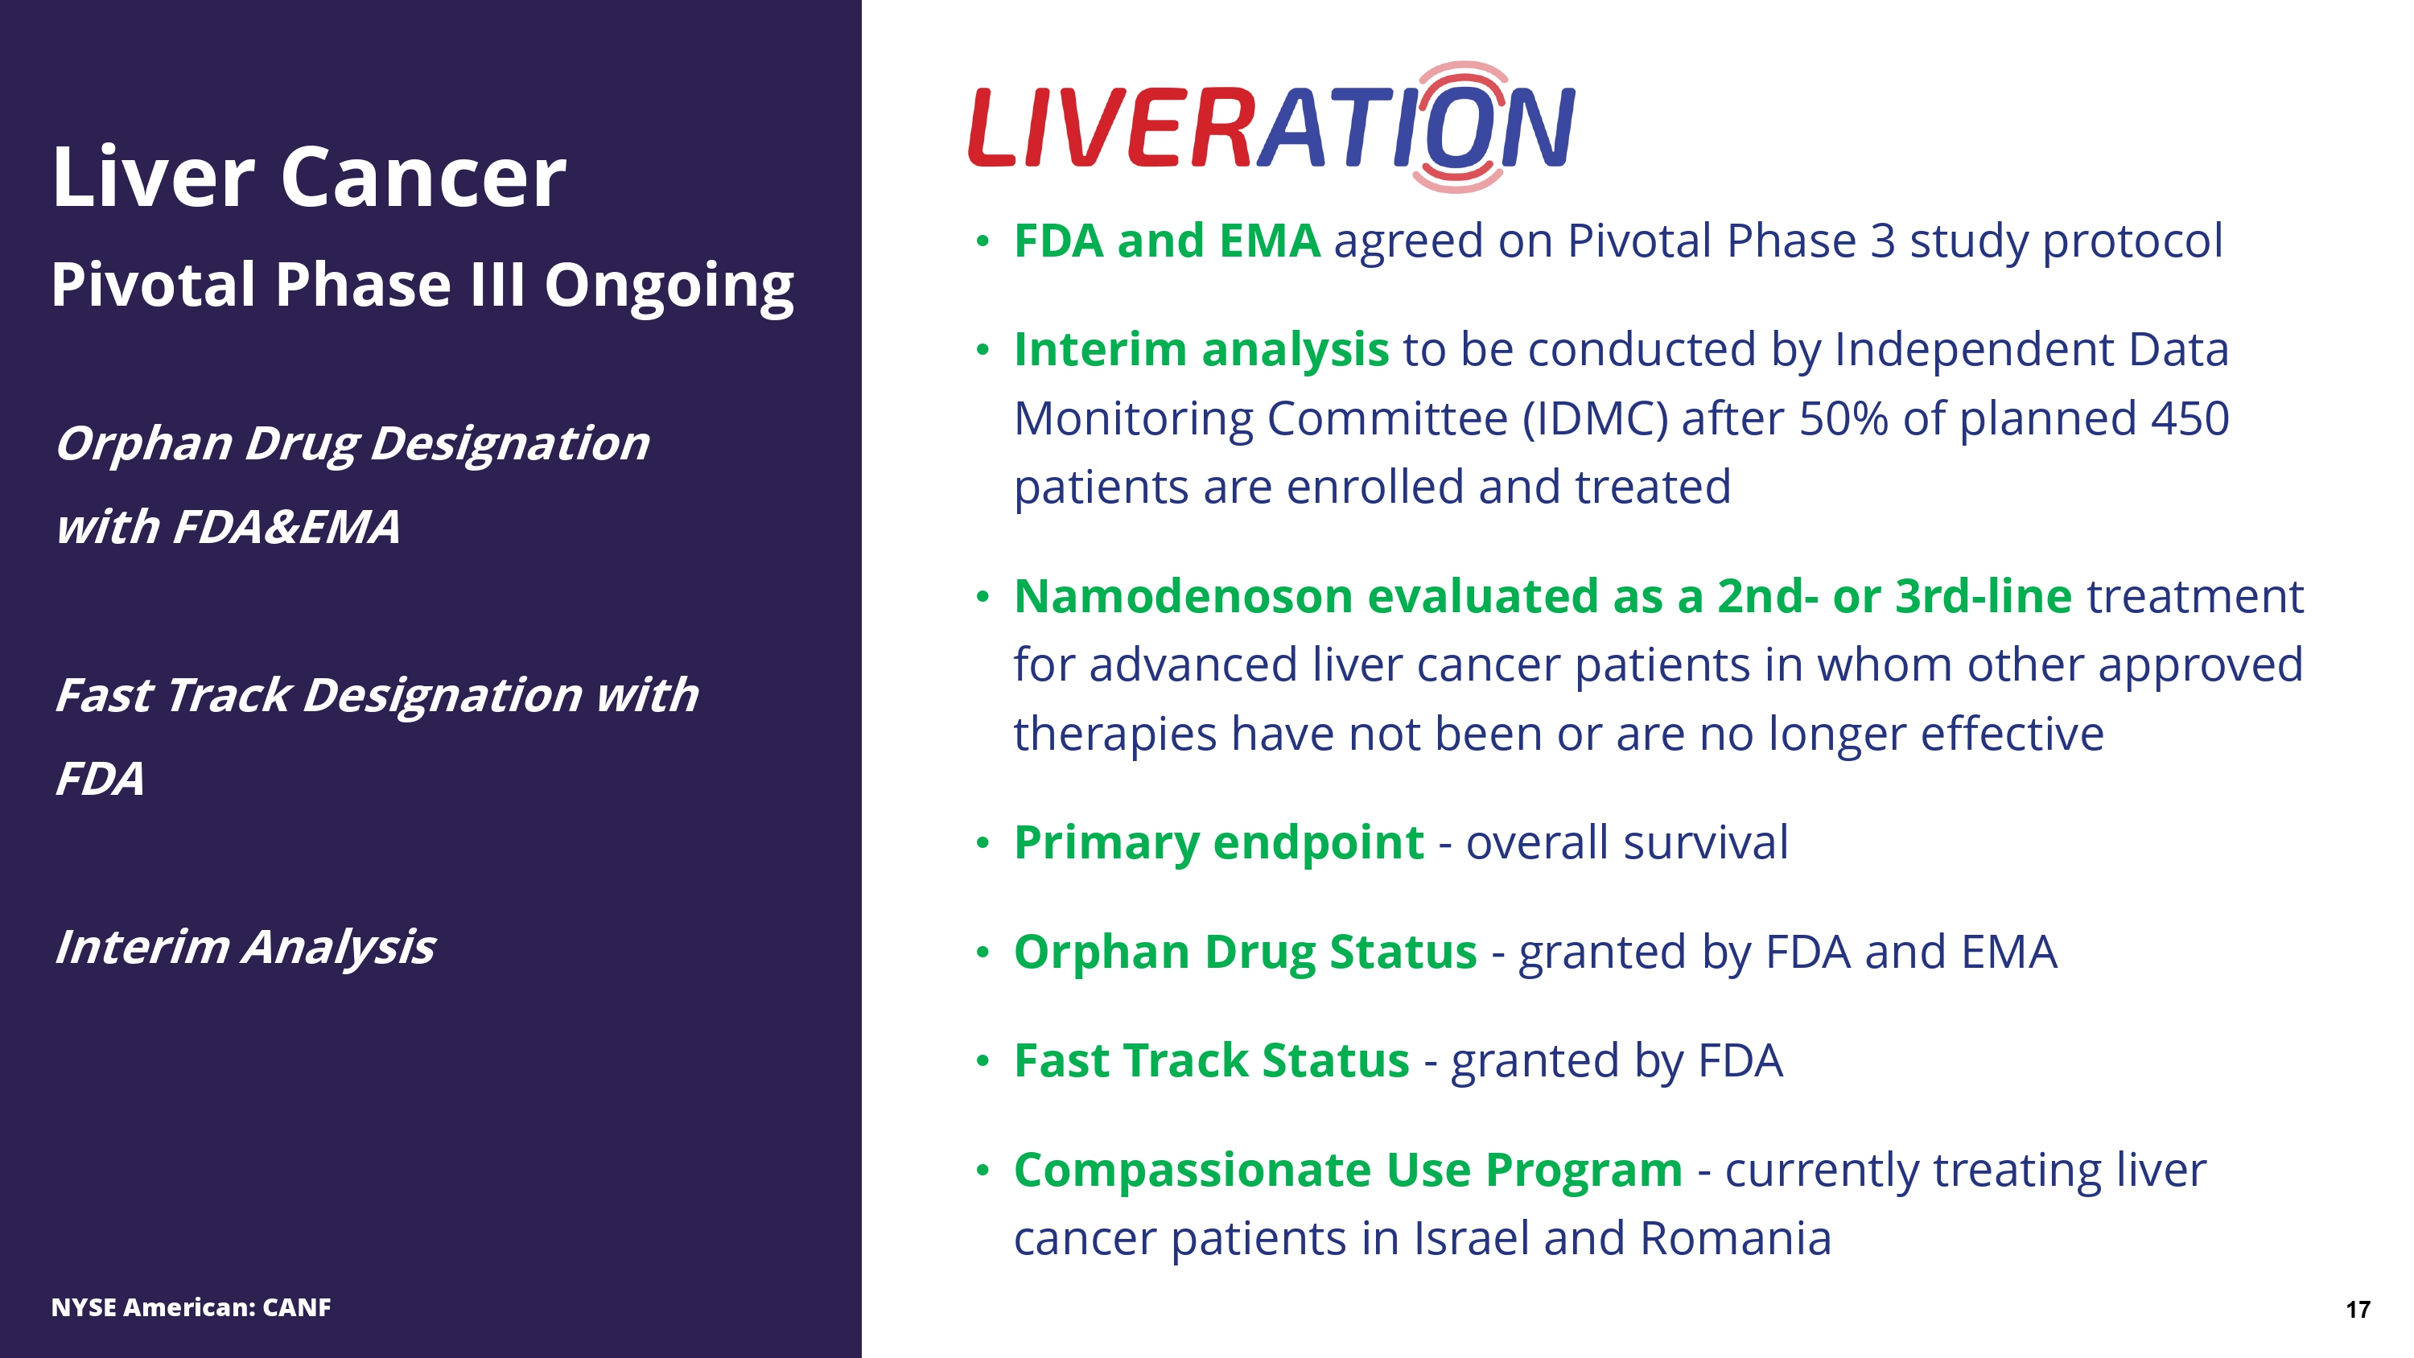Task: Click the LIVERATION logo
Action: pos(1271,127)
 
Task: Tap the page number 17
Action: pos(2358,1309)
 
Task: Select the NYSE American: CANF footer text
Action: pos(192,1307)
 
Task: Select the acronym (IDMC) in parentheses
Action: pos(1595,419)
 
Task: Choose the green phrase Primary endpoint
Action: pos(1219,842)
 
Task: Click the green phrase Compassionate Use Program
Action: pos(1349,1171)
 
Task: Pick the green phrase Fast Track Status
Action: pos(1212,1061)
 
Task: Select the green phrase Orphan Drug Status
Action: pos(1246,953)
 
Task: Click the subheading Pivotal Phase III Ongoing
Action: pos(422,285)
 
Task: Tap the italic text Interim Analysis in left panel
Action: pos(245,948)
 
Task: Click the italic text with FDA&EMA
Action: pos(228,527)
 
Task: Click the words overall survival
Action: pos(1627,842)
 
